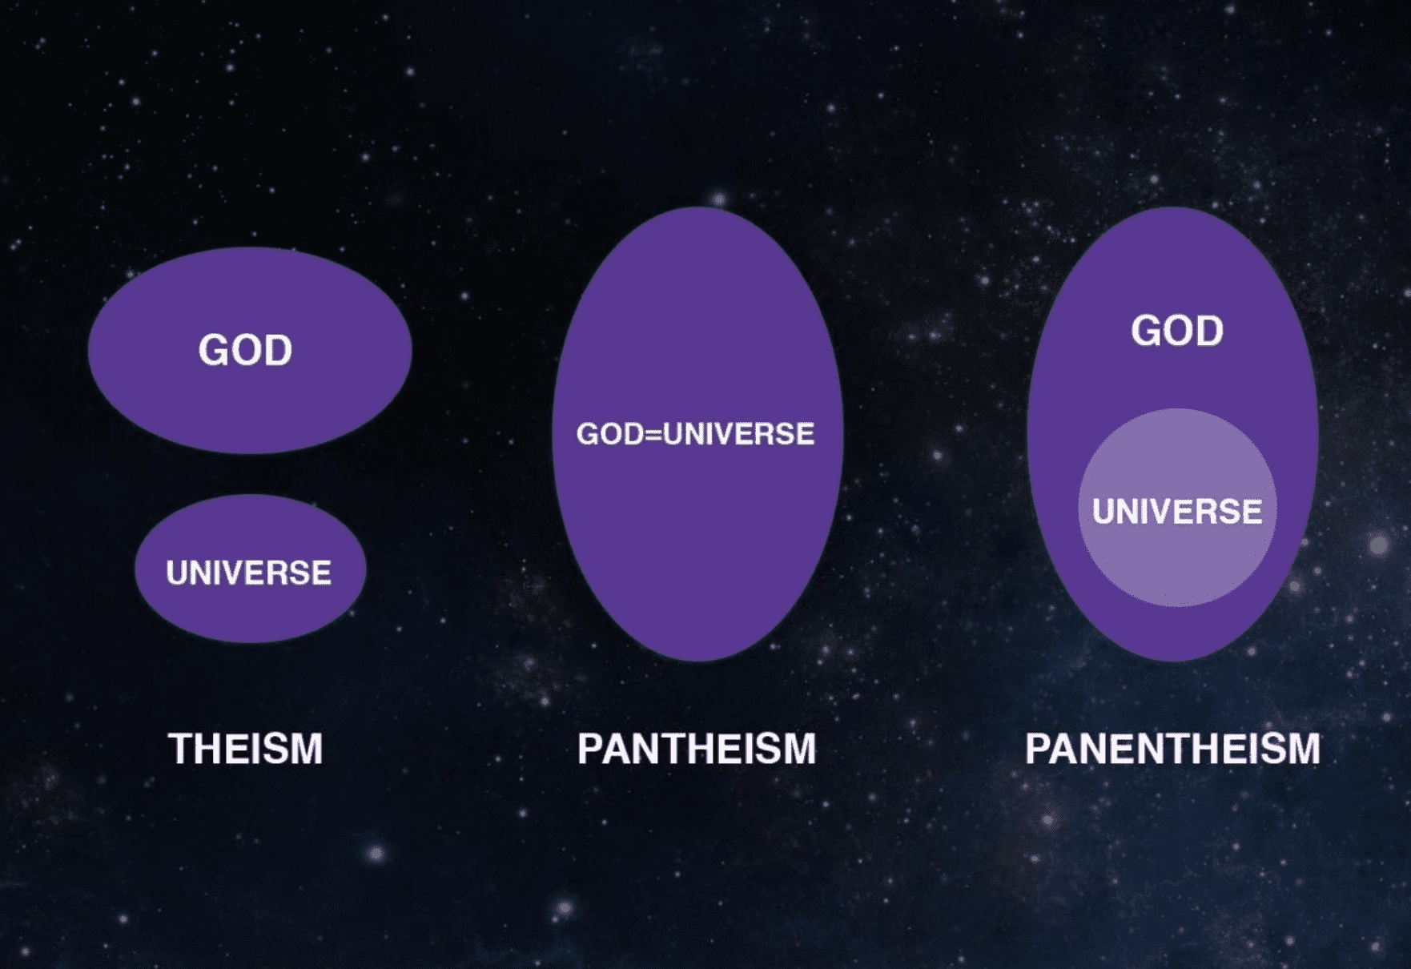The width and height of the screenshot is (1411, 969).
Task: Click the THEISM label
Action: (246, 749)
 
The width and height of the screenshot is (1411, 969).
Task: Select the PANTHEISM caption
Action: (697, 749)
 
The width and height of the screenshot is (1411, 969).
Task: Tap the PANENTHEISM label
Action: (1172, 749)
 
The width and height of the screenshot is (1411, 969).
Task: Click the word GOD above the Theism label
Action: (246, 350)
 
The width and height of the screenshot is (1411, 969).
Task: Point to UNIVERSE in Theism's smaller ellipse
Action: (249, 573)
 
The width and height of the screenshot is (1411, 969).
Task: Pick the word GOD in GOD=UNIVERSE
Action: (609, 434)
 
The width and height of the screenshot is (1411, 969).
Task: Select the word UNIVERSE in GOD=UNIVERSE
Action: (738, 434)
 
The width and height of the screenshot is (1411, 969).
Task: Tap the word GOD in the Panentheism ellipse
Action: (1177, 331)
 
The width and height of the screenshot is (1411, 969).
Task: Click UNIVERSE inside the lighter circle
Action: (1177, 512)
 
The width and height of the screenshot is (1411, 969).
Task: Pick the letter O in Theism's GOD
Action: (245, 350)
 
